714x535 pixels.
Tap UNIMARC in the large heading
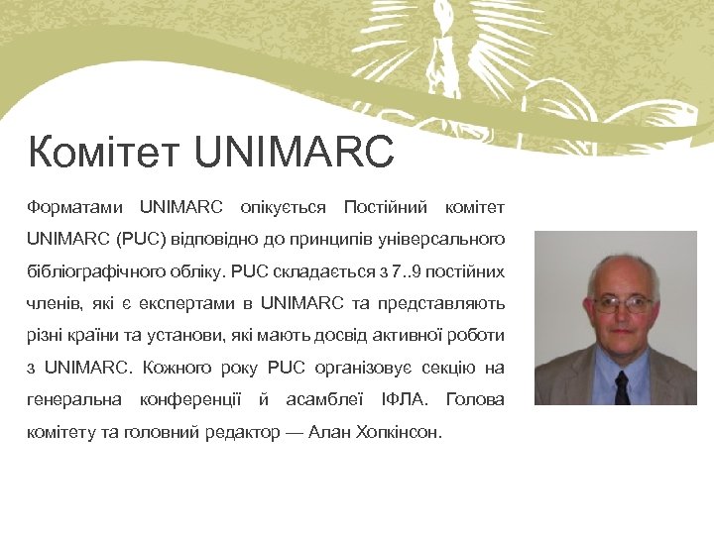coord(297,154)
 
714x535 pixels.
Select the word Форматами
coord(75,207)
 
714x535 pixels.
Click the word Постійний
coord(385,207)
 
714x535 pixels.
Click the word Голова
coord(476,400)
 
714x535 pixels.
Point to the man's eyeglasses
coord(622,303)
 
